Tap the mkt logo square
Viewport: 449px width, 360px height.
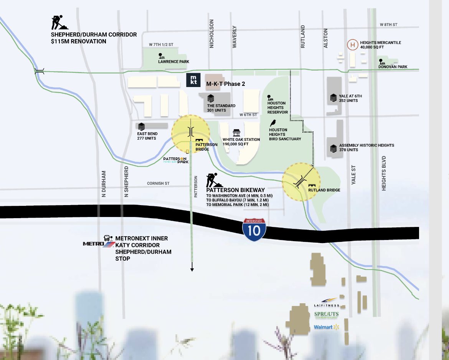tap(192, 81)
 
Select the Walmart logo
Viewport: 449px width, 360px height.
tap(327, 327)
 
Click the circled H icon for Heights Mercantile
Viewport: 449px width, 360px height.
tap(352, 45)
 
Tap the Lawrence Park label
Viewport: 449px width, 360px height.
tap(173, 61)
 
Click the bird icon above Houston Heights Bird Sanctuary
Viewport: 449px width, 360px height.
tap(273, 123)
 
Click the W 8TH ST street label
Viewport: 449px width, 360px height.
tap(388, 25)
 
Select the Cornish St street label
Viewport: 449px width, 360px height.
tap(158, 184)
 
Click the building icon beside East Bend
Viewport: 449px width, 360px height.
tap(142, 127)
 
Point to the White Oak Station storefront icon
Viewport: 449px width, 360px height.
tap(236, 133)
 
